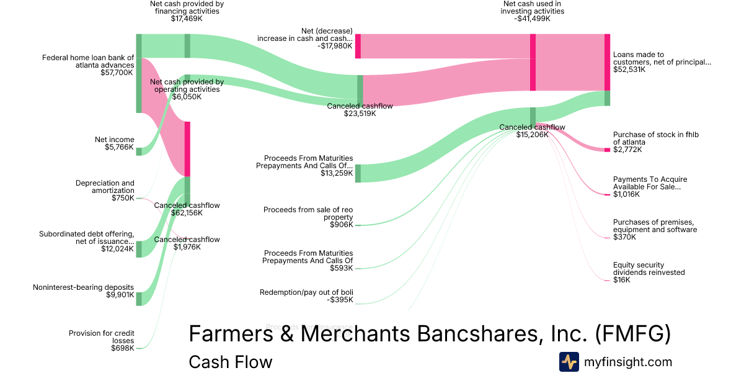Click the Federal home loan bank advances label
pyautogui.click(x=88, y=61)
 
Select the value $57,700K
pyautogui.click(x=117, y=73)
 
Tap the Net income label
pyautogui.click(x=114, y=140)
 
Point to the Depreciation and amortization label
pyautogui.click(x=105, y=187)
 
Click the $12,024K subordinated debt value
pyautogui.click(x=118, y=249)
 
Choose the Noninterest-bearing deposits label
pyautogui.click(x=83, y=287)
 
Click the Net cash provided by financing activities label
pyautogui.click(x=187, y=7)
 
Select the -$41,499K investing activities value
pyautogui.click(x=533, y=19)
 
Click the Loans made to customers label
pyautogui.click(x=662, y=58)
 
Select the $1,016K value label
pyautogui.click(x=626, y=194)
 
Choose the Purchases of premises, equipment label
pyautogui.click(x=655, y=226)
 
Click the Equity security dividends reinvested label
pyautogui.click(x=649, y=268)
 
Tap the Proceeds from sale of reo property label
pyautogui.click(x=308, y=213)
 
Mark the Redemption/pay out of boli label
pyautogui.click(x=306, y=292)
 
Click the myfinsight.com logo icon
pyautogui.click(x=569, y=362)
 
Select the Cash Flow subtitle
pyautogui.click(x=230, y=362)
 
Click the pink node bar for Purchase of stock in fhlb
pyautogui.click(x=607, y=150)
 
